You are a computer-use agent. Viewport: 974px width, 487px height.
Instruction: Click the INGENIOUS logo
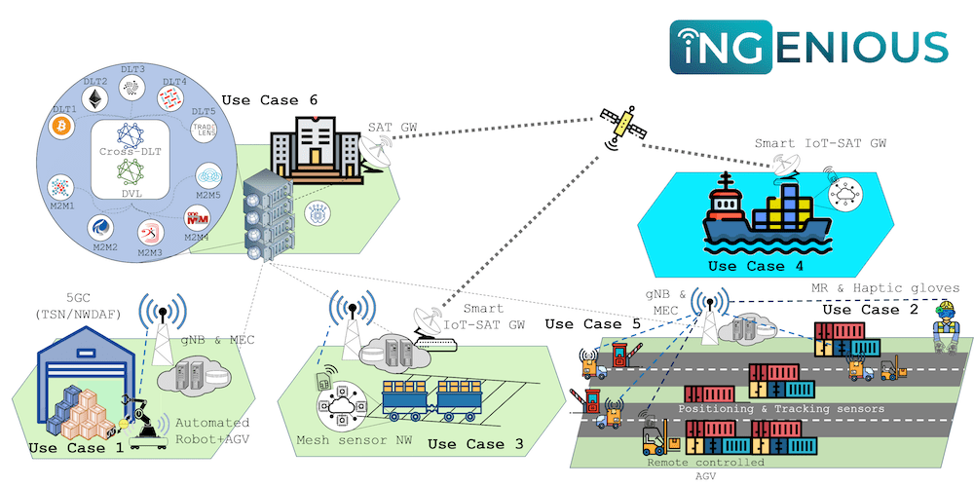coord(807,45)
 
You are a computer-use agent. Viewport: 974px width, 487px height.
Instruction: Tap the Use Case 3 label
coord(475,444)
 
